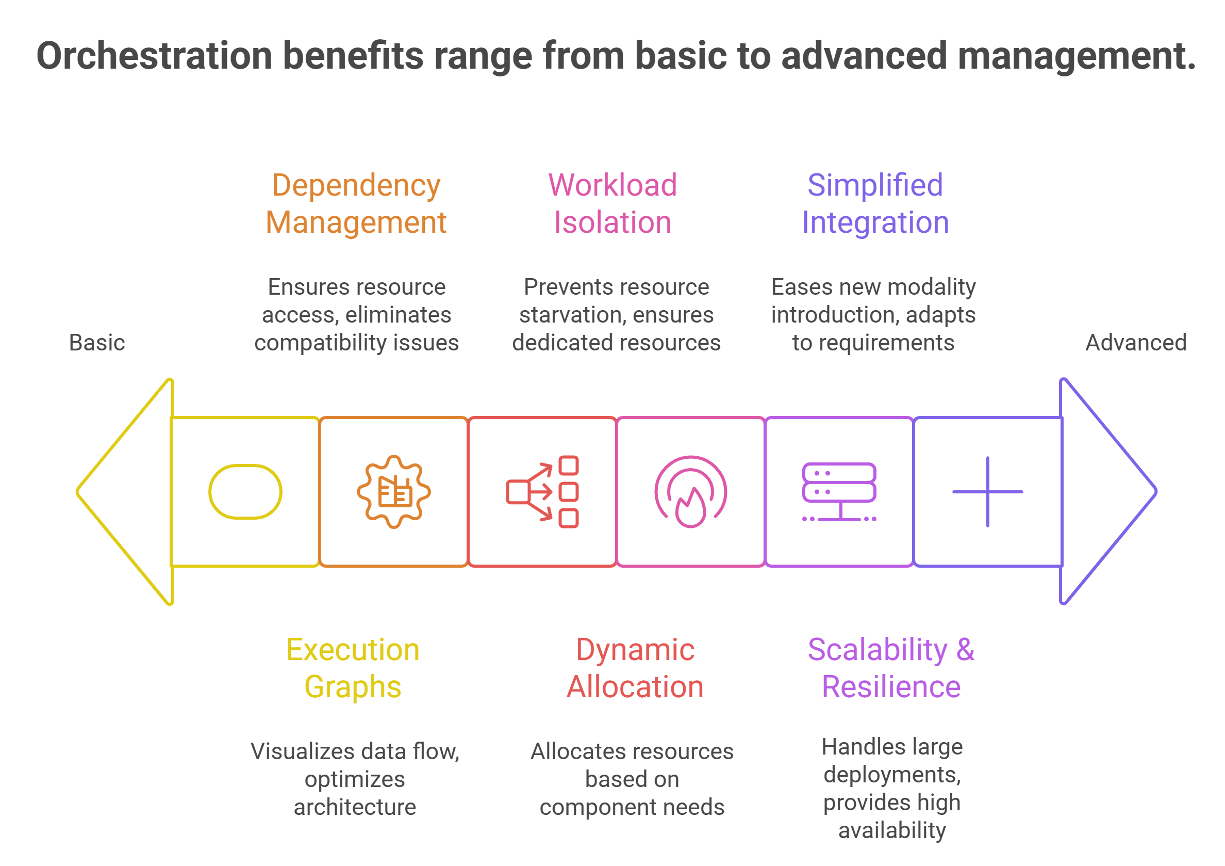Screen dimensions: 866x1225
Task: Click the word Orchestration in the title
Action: click(x=154, y=56)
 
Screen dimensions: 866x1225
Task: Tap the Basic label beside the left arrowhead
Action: click(x=96, y=343)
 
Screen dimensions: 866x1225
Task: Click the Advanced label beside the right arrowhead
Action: click(x=1136, y=343)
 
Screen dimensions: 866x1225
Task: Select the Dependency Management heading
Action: click(x=356, y=203)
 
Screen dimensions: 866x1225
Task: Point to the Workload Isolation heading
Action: click(x=612, y=203)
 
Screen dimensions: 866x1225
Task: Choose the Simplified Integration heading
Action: click(x=875, y=203)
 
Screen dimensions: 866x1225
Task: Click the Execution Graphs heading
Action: click(x=353, y=668)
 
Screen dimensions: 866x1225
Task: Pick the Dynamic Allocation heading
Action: click(x=635, y=668)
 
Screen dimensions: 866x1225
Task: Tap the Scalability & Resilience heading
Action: click(x=891, y=668)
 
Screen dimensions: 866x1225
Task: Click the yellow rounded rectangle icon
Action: click(x=245, y=492)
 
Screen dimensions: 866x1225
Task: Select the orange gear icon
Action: click(x=394, y=492)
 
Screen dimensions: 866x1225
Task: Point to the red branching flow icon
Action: click(x=542, y=492)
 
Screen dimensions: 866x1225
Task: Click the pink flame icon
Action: click(x=690, y=492)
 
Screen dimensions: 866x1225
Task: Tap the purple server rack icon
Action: click(x=839, y=492)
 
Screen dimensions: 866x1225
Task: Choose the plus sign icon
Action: click(x=987, y=492)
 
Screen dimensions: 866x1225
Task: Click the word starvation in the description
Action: click(x=565, y=315)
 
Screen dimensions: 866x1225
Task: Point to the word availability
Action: click(x=892, y=830)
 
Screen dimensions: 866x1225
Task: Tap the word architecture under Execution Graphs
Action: click(x=355, y=807)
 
